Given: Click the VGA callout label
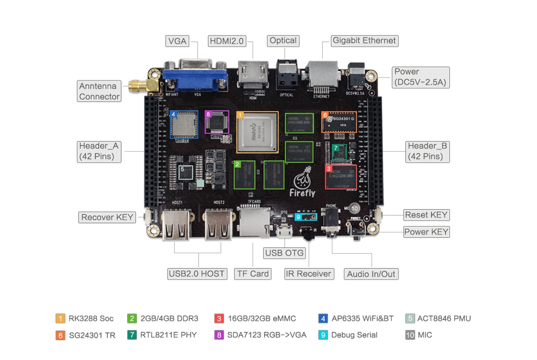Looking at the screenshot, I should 178,41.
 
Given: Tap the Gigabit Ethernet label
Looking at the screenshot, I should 364,41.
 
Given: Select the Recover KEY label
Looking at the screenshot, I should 107,217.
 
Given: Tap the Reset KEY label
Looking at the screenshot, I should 426,215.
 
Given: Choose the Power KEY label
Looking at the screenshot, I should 426,232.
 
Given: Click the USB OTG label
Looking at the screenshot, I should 285,253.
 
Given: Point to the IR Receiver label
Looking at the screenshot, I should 308,274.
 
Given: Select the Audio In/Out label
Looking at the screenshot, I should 371,274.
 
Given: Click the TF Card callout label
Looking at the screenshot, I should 252,274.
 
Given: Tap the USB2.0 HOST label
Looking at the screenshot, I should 196,274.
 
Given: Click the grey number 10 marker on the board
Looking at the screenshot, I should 355,208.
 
